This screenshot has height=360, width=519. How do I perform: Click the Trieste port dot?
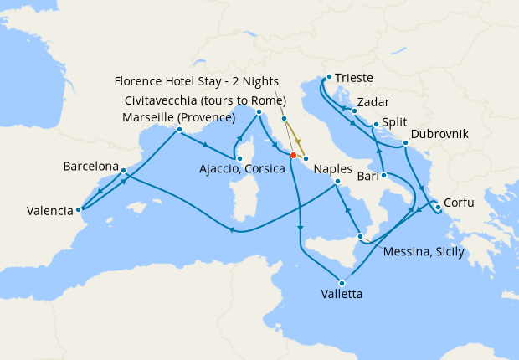click(329, 77)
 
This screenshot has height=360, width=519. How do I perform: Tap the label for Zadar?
click(373, 101)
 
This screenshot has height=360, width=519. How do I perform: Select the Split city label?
click(395, 119)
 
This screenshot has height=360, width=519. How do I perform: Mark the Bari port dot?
click(383, 175)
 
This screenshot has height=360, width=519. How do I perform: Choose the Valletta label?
click(342, 294)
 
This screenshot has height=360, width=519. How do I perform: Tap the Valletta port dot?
click(342, 282)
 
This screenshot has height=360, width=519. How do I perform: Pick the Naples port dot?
click(337, 181)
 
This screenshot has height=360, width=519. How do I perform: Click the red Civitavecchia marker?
click(293, 155)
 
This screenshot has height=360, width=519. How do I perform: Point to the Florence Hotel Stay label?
click(195, 81)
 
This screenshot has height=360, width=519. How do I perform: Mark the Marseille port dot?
click(179, 130)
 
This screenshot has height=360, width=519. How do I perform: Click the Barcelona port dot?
click(123, 171)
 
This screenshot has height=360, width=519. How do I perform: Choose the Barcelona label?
click(91, 167)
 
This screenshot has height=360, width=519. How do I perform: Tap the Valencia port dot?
click(78, 210)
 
